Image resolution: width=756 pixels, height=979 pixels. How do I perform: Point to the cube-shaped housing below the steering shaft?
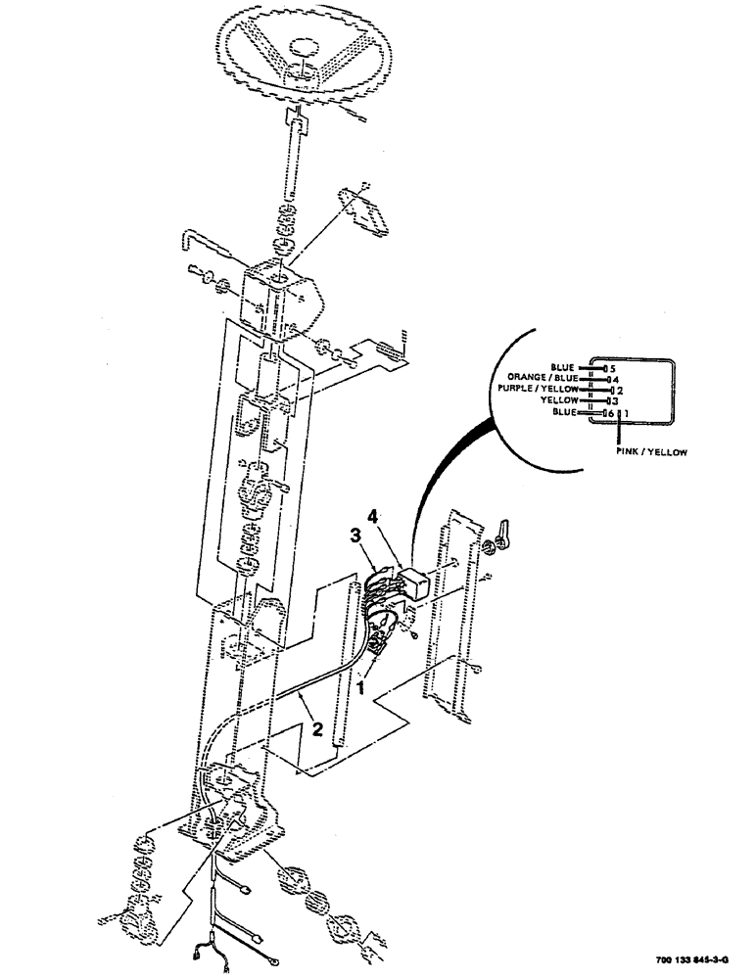click(279, 295)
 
